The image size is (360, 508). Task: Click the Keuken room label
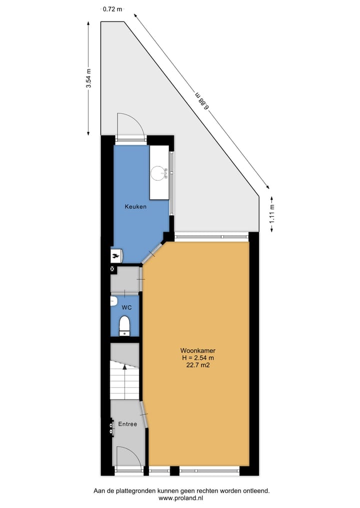[x=135, y=206]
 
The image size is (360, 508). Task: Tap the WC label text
[x=125, y=307]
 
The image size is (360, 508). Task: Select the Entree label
[x=127, y=424]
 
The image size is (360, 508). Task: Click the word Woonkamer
[x=198, y=350]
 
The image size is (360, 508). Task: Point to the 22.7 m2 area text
[x=198, y=365]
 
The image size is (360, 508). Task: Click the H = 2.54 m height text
[x=198, y=358]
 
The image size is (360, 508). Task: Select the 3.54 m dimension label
[x=88, y=78]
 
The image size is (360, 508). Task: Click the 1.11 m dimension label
[x=272, y=213]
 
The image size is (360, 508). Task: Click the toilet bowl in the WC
[x=124, y=326]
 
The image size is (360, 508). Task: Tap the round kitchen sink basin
[x=159, y=173]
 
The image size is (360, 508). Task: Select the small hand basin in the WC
[x=113, y=301]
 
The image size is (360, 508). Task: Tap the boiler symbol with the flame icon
[x=116, y=256]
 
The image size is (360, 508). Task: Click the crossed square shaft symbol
[x=112, y=269]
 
